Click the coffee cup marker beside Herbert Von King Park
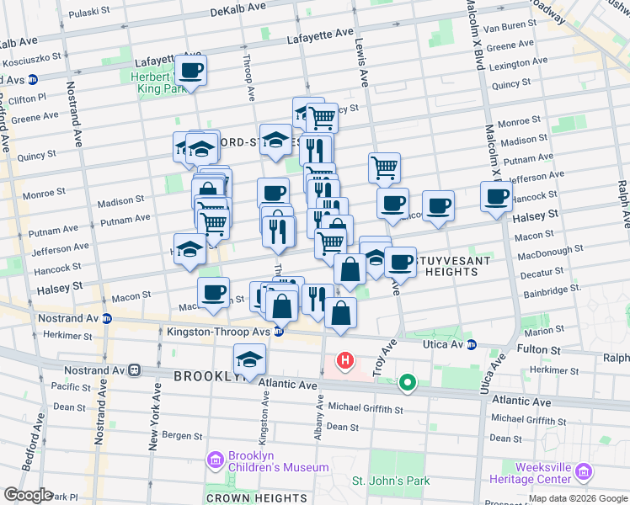click(191, 71)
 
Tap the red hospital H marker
click(344, 362)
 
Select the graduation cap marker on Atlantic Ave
click(249, 359)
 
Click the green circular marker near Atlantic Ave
click(408, 384)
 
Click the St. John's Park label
click(390, 481)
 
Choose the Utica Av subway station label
click(444, 344)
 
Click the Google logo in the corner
click(27, 495)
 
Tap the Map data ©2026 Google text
click(577, 498)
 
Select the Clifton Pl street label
click(29, 98)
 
